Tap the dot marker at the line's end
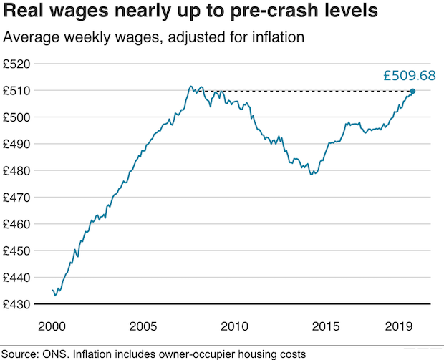point(412,91)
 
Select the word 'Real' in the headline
point(24,13)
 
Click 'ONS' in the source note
point(59,354)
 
